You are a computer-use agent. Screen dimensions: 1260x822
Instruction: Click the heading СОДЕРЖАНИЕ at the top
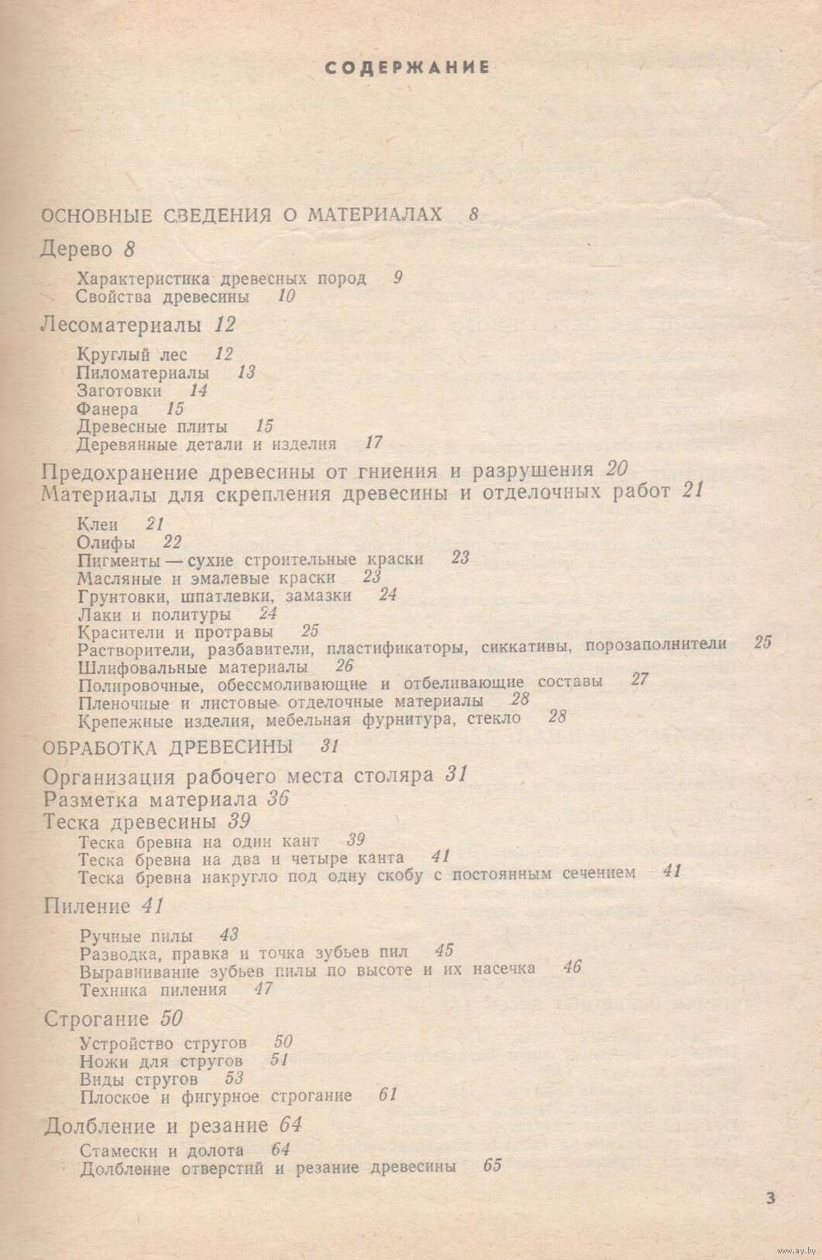(x=408, y=68)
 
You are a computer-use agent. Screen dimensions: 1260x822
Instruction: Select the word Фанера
(x=107, y=408)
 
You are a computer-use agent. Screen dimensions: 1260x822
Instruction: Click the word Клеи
(x=97, y=524)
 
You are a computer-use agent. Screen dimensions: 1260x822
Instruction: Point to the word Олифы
(x=106, y=542)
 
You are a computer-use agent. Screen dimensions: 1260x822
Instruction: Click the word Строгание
(x=96, y=1019)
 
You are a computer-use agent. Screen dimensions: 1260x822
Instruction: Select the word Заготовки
(x=119, y=390)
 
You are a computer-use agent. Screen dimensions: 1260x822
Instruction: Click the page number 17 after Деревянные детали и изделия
(x=374, y=444)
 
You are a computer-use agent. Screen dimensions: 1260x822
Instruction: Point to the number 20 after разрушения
(x=616, y=470)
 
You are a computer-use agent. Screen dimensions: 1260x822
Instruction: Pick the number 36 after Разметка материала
(x=278, y=799)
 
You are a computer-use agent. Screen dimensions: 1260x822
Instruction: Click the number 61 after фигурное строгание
(x=389, y=1096)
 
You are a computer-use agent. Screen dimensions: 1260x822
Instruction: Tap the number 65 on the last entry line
(x=493, y=1167)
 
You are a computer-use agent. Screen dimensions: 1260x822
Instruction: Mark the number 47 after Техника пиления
(x=263, y=989)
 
